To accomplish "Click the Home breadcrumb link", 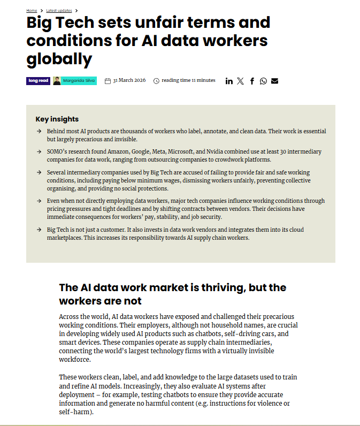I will (x=32, y=10).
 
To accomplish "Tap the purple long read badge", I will (x=38, y=81).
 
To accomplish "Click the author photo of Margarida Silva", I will (x=57, y=81).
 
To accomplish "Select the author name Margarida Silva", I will (x=78, y=81).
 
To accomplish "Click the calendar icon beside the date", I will (x=108, y=81).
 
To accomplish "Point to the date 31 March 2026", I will (x=129, y=81).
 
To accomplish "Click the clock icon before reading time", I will (x=156, y=81).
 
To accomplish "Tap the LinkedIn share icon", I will (x=229, y=81).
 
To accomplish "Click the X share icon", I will (x=240, y=81).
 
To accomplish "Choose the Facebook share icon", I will (x=252, y=81).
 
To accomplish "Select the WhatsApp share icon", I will (x=263, y=81).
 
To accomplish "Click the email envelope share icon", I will (x=274, y=81).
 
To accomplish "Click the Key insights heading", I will (x=57, y=119).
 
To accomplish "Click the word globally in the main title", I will (x=59, y=58).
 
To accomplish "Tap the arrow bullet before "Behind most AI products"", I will (x=39, y=131).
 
